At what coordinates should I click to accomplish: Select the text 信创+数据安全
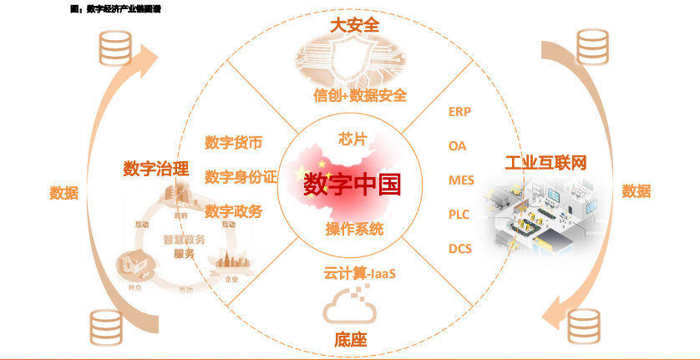(360, 95)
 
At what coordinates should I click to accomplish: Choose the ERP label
(460, 111)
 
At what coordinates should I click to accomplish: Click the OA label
(457, 145)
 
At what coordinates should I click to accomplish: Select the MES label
(461, 180)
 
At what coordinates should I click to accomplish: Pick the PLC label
(459, 214)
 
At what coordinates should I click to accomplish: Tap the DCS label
(460, 248)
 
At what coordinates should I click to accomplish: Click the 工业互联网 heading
(545, 162)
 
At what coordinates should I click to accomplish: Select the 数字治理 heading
(156, 169)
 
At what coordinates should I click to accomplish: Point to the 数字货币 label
(233, 143)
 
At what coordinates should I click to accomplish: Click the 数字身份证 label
(240, 177)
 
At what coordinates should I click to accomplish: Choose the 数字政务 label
(233, 211)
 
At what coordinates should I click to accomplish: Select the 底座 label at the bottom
(351, 340)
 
